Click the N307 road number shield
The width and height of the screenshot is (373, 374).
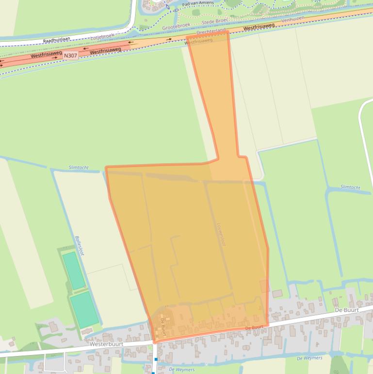click(x=70, y=56)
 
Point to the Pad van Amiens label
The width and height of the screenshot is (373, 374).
click(x=197, y=3)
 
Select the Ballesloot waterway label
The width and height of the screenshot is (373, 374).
click(x=80, y=248)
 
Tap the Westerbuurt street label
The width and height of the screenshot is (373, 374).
click(x=106, y=343)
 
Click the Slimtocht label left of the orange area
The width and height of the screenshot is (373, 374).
click(x=79, y=168)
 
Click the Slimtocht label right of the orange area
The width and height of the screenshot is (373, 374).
click(x=350, y=187)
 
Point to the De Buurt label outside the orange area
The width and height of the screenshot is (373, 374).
click(x=347, y=309)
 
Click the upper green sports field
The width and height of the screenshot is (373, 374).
click(x=74, y=270)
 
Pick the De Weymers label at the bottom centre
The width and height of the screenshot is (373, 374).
click(x=182, y=370)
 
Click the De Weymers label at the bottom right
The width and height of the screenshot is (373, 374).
click(x=309, y=358)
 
